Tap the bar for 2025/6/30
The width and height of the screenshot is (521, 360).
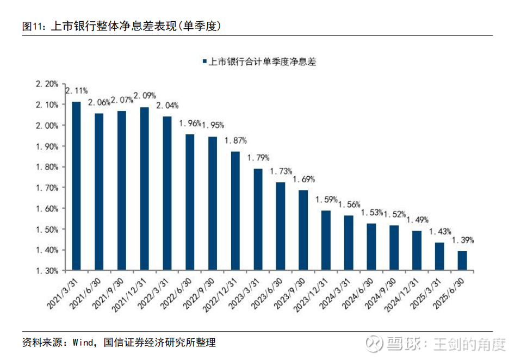click(x=462, y=260)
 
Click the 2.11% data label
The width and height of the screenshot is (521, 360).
click(x=76, y=90)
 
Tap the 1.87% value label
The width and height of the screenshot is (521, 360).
click(x=236, y=140)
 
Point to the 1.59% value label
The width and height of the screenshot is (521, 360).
click(x=326, y=200)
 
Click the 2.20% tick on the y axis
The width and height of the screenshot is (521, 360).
click(x=47, y=84)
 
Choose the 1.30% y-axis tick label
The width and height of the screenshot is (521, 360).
click(x=47, y=271)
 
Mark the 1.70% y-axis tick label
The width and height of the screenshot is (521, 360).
click(x=47, y=188)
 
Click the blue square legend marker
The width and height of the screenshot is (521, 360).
click(x=204, y=62)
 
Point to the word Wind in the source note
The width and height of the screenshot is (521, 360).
click(x=83, y=343)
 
